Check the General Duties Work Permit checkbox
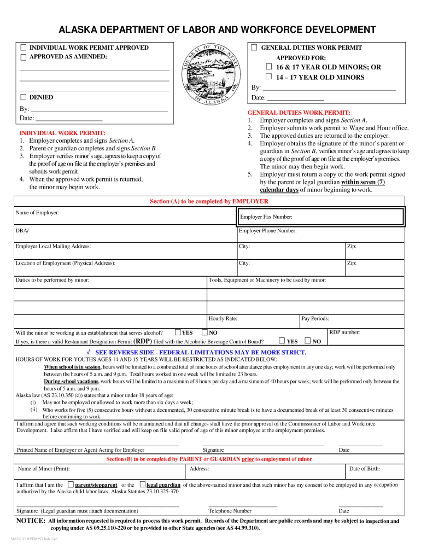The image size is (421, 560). pyautogui.click(x=254, y=48)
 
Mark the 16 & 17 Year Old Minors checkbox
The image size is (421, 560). pyautogui.click(x=268, y=67)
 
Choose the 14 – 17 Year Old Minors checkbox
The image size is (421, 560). pyautogui.click(x=268, y=77)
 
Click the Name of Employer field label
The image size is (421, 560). pyautogui.click(x=37, y=212)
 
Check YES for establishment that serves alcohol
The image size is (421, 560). pyautogui.click(x=178, y=332)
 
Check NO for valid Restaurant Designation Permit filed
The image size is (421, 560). pyautogui.click(x=307, y=341)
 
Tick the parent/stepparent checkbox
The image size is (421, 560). pyautogui.click(x=71, y=485)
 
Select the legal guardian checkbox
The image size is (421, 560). pyautogui.click(x=142, y=485)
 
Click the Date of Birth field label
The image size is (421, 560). pyautogui.click(x=365, y=469)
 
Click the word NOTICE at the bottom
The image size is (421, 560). pyautogui.click(x=31, y=521)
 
